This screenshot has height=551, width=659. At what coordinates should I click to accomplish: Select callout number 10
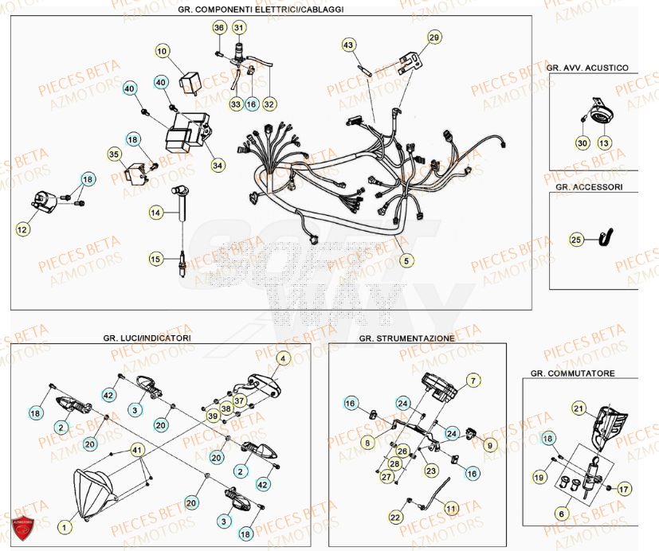[x=162, y=52]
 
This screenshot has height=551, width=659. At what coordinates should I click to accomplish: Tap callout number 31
[x=239, y=28]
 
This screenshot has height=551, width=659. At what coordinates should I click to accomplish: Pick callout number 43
[x=348, y=45]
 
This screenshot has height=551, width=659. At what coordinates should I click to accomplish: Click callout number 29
[x=433, y=37]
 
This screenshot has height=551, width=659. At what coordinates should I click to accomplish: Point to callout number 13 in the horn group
[x=603, y=143]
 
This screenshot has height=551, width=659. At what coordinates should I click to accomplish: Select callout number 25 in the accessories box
[x=576, y=238]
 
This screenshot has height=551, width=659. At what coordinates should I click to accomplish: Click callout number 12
[x=22, y=229]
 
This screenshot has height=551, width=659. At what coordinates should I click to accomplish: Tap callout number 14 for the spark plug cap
[x=155, y=213]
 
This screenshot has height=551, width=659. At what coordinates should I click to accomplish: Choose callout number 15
[x=155, y=259]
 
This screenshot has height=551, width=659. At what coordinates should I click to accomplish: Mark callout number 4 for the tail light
[x=281, y=359]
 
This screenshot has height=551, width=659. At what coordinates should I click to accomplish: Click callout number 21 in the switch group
[x=578, y=408]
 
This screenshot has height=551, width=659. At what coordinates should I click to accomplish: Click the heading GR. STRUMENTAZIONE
[x=406, y=338]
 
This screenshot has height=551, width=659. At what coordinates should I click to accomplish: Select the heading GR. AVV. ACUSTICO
[x=587, y=68]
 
